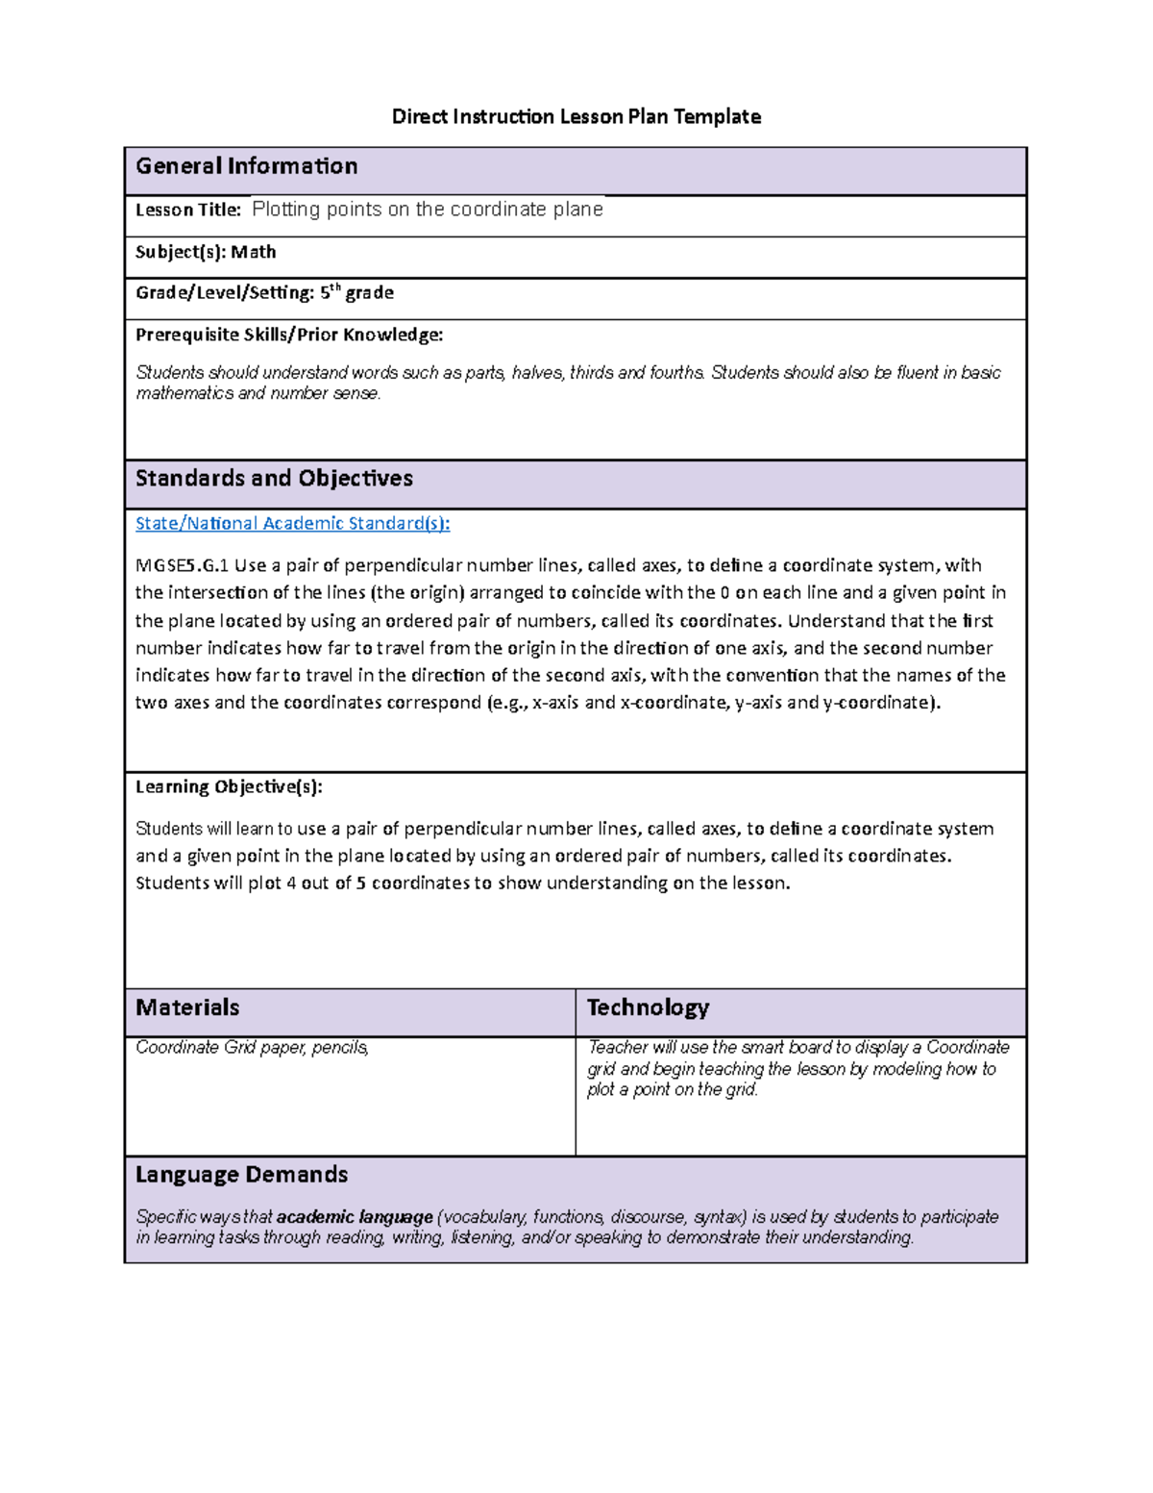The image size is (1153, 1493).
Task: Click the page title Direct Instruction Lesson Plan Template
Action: pyautogui.click(x=576, y=117)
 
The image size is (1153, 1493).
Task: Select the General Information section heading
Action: pyautogui.click(x=246, y=166)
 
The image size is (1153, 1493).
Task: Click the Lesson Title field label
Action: pyautogui.click(x=188, y=210)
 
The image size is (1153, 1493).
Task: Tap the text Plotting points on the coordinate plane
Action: pyautogui.click(x=427, y=210)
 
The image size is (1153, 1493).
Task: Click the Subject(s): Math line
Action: pyautogui.click(x=206, y=252)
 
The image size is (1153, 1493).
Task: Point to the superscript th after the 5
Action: pyautogui.click(x=335, y=287)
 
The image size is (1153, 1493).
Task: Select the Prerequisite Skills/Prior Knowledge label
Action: pyautogui.click(x=288, y=335)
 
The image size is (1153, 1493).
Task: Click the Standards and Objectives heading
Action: pyautogui.click(x=274, y=479)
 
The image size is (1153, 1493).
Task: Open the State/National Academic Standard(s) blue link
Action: pyautogui.click(x=292, y=523)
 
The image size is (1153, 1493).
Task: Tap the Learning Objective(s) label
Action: pyautogui.click(x=229, y=786)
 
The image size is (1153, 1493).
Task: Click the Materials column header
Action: pyautogui.click(x=187, y=1008)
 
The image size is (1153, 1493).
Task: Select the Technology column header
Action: pyautogui.click(x=648, y=1008)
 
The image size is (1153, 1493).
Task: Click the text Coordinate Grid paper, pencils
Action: pyautogui.click(x=252, y=1048)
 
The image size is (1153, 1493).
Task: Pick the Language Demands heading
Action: pyautogui.click(x=241, y=1175)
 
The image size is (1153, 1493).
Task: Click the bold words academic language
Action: pyautogui.click(x=355, y=1217)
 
